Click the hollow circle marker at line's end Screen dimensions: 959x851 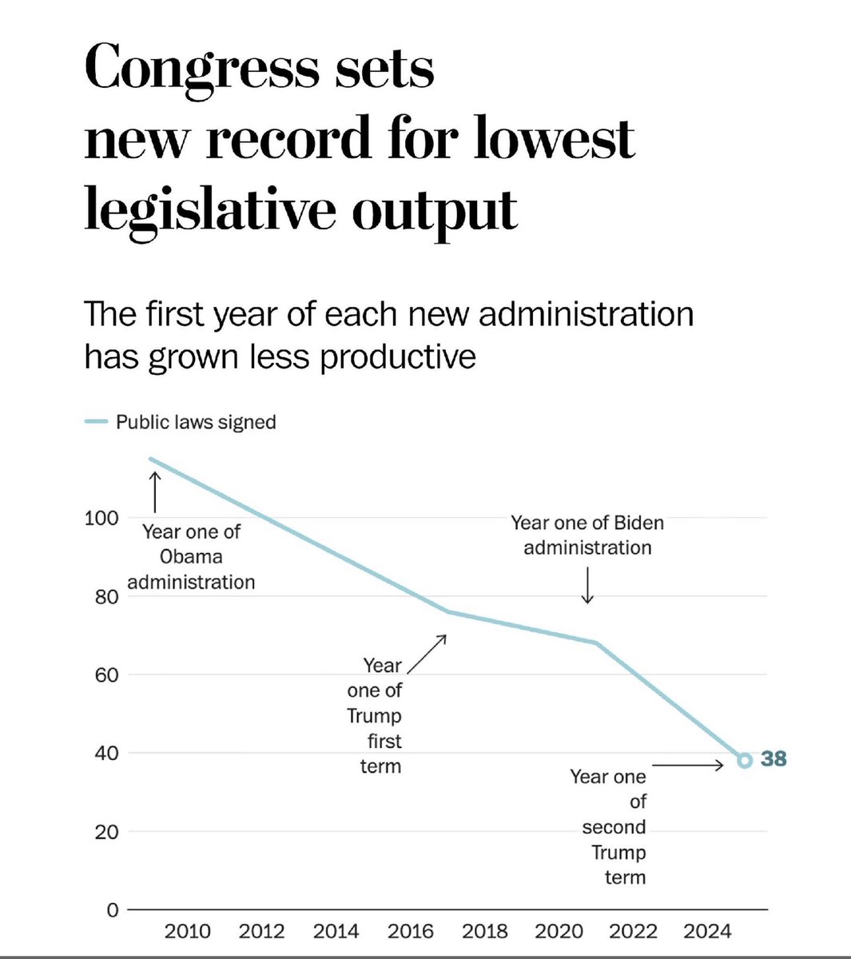[744, 760]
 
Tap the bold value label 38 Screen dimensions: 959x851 [773, 759]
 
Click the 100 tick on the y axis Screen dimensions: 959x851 [101, 518]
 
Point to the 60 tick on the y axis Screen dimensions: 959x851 [101, 675]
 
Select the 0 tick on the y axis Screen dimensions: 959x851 [112, 910]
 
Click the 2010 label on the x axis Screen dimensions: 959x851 [188, 932]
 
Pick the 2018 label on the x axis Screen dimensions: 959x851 [485, 932]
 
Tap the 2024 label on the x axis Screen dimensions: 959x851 [708, 932]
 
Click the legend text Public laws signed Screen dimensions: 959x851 [196, 422]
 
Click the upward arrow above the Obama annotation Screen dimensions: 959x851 [154, 491]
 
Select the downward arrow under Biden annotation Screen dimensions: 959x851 [588, 586]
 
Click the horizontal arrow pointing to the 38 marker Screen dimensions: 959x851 [692, 766]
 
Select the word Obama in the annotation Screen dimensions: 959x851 [191, 557]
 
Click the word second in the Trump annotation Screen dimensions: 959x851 [614, 827]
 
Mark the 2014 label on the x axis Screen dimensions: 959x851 [336, 932]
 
